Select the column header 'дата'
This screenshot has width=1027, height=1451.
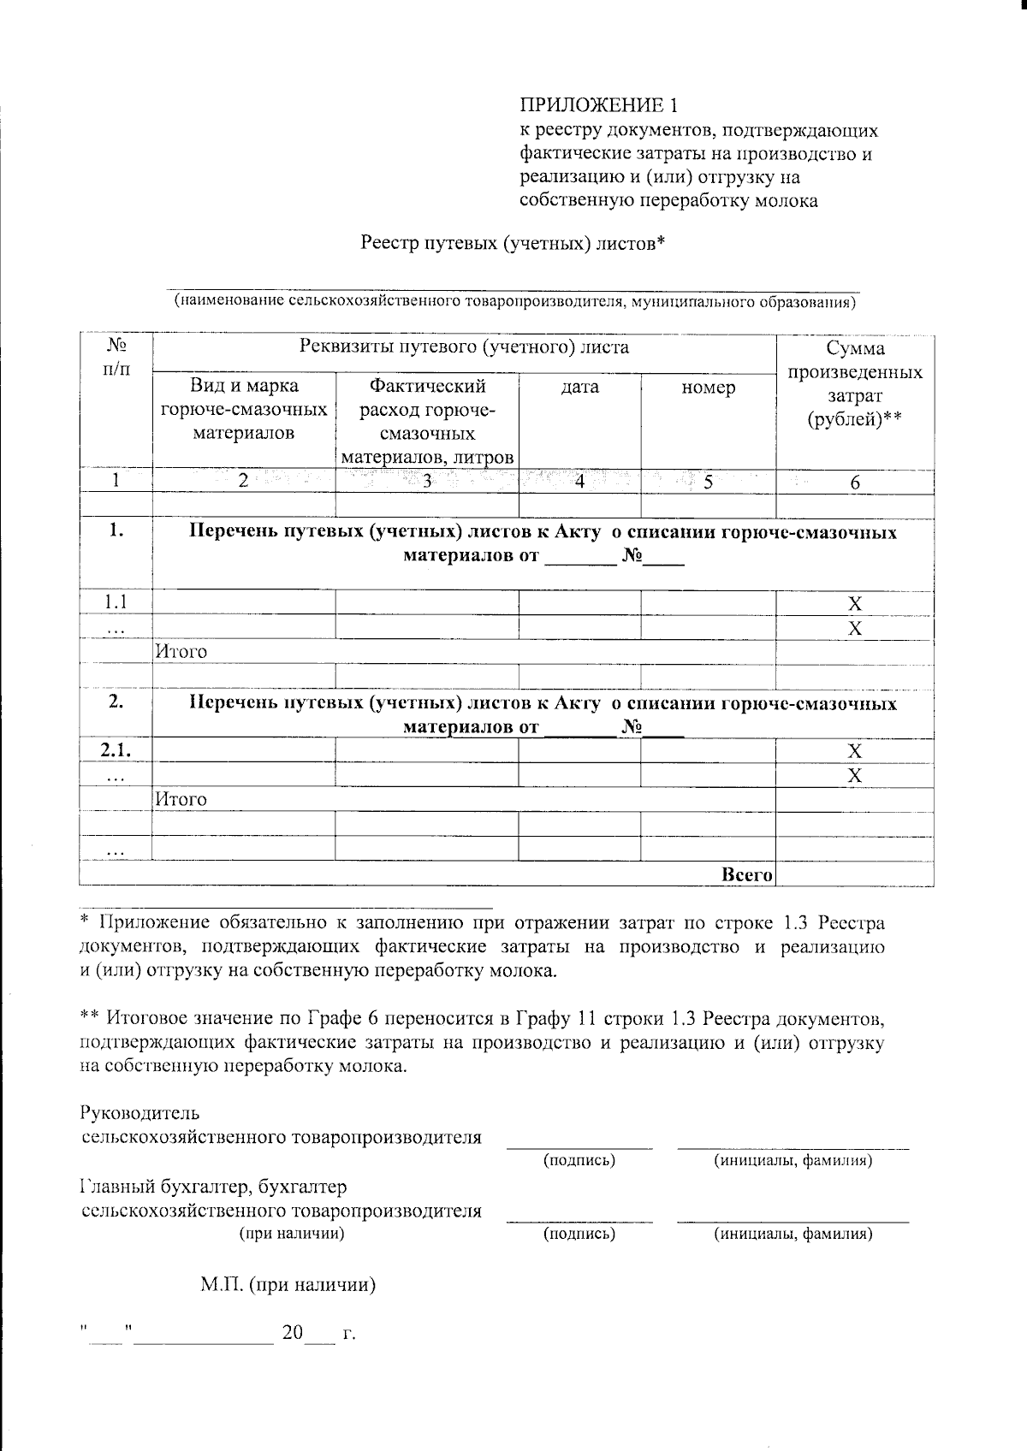tap(579, 388)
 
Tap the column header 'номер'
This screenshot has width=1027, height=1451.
tap(708, 388)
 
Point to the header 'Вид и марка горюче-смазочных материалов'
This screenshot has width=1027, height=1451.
tap(244, 409)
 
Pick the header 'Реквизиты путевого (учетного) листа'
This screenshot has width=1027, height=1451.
tap(464, 346)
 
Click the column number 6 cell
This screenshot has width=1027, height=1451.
tap(854, 483)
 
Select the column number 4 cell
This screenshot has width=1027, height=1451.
tap(579, 482)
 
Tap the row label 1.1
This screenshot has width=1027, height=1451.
tap(116, 602)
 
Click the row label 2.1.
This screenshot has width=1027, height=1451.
tap(116, 750)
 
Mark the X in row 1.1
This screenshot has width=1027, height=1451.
tap(854, 603)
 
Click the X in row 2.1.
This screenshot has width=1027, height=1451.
tap(854, 751)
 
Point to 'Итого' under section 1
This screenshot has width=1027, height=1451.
tap(181, 652)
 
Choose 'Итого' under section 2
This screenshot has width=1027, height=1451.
tap(181, 799)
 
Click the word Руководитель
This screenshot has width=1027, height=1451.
tap(139, 1113)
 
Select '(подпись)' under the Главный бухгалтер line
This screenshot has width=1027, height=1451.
tap(579, 1234)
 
